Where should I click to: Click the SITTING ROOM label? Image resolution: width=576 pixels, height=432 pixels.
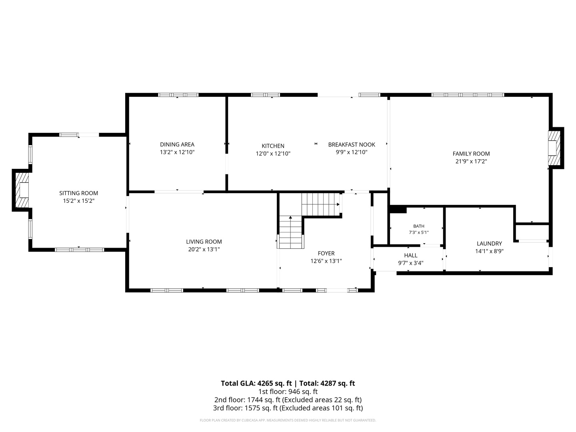78,193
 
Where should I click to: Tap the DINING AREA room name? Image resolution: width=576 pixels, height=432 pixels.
177,144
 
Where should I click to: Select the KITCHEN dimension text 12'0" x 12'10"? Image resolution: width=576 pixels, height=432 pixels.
273,154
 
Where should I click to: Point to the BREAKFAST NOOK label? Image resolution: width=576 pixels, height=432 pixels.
352,144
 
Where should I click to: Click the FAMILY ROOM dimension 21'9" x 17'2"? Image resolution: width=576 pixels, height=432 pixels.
471,161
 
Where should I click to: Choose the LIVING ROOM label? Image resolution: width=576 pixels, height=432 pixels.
204,242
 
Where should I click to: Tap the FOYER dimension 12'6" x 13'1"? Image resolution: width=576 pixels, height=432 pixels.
326,261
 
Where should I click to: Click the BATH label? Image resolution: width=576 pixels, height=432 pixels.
418,226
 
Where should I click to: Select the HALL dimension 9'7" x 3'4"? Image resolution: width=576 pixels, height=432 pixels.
411,263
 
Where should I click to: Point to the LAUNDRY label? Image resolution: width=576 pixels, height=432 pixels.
490,244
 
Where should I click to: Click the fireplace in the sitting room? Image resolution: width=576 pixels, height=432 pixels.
22,190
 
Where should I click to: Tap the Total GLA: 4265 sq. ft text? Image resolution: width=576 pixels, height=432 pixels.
256,384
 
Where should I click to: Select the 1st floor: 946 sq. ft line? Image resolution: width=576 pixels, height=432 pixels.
288,392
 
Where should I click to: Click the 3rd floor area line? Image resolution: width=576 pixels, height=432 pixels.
288,408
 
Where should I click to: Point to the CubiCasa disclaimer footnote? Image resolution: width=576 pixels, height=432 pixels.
288,420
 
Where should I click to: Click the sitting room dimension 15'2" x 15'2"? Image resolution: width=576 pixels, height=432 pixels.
78,201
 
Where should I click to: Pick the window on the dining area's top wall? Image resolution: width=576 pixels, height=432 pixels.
178,95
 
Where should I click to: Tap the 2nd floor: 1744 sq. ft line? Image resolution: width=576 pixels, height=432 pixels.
288,400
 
